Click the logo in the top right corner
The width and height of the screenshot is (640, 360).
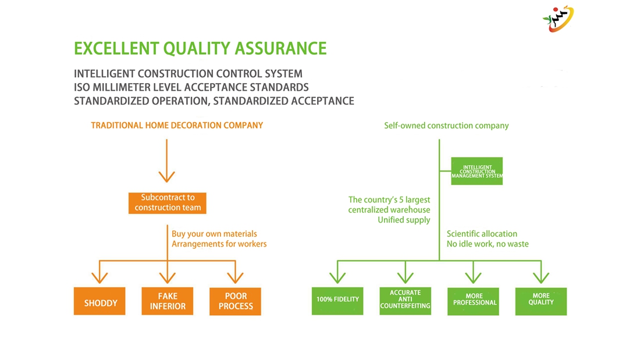(x=558, y=19)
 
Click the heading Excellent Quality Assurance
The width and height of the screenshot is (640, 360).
(x=200, y=48)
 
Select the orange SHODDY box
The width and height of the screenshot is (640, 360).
(x=99, y=302)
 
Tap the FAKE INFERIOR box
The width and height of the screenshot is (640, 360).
(x=168, y=302)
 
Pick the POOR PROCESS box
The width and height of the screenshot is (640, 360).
(x=236, y=302)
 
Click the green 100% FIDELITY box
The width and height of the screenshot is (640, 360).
(x=337, y=301)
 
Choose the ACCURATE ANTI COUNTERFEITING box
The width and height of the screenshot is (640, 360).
(x=406, y=301)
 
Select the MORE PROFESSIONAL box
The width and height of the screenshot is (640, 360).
(x=474, y=301)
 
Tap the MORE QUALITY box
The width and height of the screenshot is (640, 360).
(x=541, y=301)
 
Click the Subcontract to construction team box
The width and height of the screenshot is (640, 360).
(x=168, y=202)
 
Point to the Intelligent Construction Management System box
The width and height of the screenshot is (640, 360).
(x=477, y=172)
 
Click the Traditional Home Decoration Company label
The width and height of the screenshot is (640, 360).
(x=177, y=125)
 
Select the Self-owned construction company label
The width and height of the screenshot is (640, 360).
(x=446, y=125)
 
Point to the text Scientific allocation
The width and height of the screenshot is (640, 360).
(x=482, y=234)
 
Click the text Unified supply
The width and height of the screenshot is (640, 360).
(x=404, y=220)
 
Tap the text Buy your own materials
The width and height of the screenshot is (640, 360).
(x=214, y=234)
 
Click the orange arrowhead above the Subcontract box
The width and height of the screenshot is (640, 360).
(x=167, y=176)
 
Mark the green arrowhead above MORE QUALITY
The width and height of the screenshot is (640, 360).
(x=541, y=276)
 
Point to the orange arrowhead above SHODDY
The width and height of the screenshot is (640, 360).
(x=99, y=276)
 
